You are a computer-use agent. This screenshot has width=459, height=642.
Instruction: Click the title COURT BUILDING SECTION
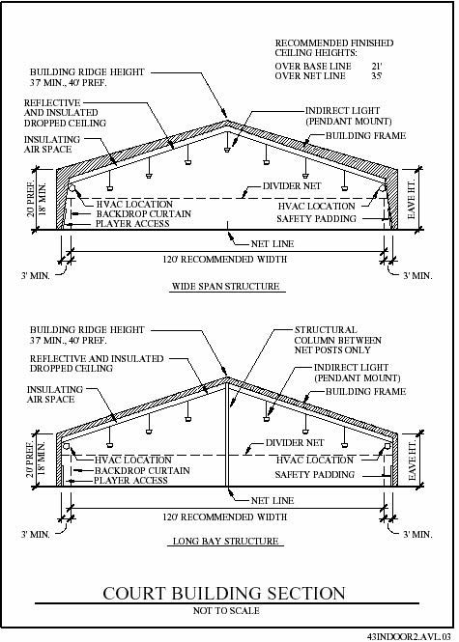click(224, 594)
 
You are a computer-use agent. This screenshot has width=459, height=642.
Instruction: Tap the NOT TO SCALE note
click(226, 610)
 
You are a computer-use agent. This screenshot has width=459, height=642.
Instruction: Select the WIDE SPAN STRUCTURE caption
click(225, 286)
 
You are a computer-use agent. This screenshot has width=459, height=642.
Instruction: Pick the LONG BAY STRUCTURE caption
click(225, 541)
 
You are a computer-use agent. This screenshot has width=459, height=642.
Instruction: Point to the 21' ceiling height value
click(377, 66)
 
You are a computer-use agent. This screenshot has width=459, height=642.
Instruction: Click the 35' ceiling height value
click(377, 75)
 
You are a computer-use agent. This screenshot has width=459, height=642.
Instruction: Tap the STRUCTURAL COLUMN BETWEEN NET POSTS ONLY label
click(337, 340)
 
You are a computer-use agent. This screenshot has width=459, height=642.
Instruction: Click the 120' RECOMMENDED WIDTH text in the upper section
click(225, 259)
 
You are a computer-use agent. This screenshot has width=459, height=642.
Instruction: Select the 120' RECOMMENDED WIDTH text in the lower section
click(225, 516)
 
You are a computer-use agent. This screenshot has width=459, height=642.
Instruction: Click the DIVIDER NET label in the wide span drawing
click(292, 186)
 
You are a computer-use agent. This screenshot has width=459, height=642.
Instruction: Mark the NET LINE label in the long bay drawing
click(273, 500)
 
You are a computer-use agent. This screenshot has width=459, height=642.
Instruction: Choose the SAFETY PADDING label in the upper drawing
click(316, 218)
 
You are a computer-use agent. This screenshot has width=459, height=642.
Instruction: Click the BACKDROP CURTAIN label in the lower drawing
click(142, 471)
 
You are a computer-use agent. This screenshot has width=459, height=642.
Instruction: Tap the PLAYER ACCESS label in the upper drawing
click(132, 224)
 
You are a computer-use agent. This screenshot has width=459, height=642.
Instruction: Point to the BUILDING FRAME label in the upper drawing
click(365, 135)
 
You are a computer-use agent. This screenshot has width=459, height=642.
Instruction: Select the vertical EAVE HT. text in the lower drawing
click(413, 460)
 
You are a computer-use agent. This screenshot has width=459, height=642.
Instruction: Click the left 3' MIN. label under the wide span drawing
click(35, 275)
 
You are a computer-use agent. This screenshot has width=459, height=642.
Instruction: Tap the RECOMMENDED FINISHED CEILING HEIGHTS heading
click(334, 48)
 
